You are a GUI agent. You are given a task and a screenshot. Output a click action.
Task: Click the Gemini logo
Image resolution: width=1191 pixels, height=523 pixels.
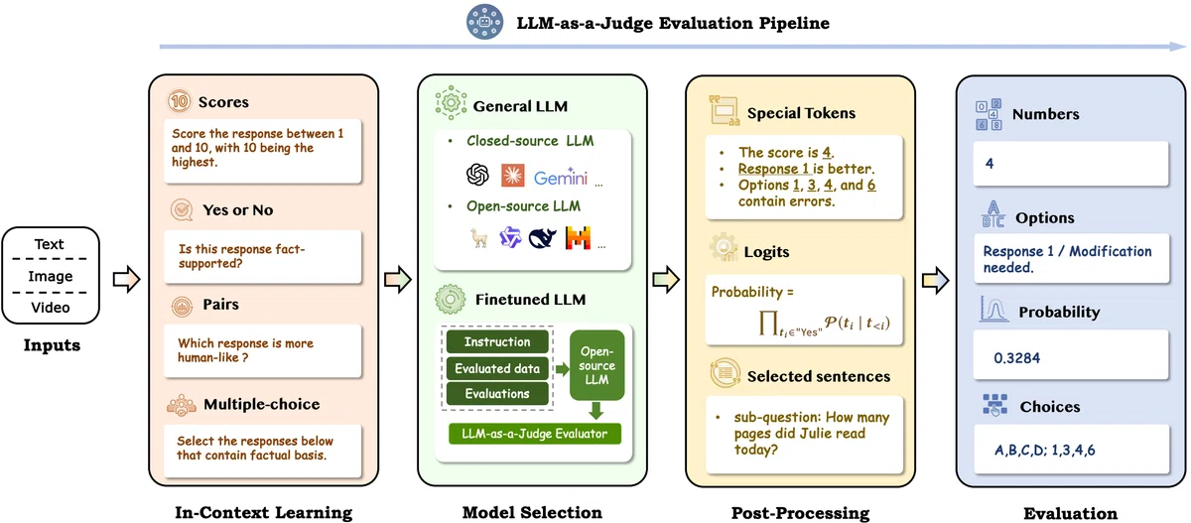click(x=561, y=177)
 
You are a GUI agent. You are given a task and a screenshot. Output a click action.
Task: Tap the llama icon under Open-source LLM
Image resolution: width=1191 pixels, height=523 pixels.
click(x=479, y=238)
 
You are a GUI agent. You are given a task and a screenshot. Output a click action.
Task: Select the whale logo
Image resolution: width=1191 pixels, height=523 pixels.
click(x=542, y=238)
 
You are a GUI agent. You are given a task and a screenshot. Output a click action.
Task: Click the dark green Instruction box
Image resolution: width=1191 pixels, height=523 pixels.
click(x=497, y=341)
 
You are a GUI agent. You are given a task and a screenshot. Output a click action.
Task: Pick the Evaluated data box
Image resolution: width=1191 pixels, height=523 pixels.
click(x=497, y=368)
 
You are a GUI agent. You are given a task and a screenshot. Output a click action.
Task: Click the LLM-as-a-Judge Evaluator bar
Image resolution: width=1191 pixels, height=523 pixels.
click(x=534, y=434)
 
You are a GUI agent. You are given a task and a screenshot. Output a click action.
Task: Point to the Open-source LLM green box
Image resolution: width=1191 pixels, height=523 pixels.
click(x=596, y=365)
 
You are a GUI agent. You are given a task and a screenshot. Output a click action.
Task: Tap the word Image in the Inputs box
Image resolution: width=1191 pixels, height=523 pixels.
click(x=51, y=276)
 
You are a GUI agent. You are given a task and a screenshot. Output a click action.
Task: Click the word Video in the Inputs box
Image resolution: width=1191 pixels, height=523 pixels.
click(x=51, y=308)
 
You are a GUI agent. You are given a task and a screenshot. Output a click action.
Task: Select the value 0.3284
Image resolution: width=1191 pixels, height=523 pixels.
click(x=1016, y=358)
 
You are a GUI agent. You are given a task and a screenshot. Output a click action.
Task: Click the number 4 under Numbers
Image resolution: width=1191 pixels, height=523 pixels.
click(x=989, y=164)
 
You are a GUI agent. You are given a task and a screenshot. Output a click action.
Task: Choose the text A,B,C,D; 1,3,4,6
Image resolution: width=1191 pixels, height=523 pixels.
click(x=1045, y=451)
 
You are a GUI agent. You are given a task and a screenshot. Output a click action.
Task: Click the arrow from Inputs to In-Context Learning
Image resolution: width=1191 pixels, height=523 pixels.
click(x=127, y=279)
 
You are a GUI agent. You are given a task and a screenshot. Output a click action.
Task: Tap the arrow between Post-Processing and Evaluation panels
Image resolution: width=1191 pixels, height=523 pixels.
click(x=935, y=280)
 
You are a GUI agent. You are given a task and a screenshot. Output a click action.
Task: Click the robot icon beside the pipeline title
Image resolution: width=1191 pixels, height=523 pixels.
click(x=484, y=22)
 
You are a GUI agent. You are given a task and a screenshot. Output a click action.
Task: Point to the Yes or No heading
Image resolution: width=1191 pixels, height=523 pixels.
click(x=237, y=210)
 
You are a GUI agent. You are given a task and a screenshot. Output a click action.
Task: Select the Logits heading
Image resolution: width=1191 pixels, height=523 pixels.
click(x=766, y=252)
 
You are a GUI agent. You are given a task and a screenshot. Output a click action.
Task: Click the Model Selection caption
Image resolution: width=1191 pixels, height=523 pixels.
click(x=532, y=512)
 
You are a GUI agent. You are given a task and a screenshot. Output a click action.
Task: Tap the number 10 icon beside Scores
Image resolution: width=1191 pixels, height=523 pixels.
click(x=180, y=101)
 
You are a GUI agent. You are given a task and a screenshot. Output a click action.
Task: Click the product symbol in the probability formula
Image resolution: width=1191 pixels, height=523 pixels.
click(x=768, y=323)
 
